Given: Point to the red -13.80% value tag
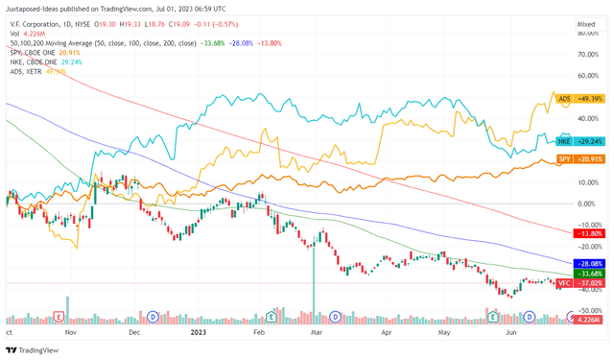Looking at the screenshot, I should (x=587, y=233).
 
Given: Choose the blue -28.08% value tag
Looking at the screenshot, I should (x=587, y=263).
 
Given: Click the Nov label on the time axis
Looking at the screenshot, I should (x=69, y=330).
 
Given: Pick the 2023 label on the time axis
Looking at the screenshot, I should (x=198, y=330).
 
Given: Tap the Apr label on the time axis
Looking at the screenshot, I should (x=387, y=330).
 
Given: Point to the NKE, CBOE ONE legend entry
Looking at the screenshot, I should (x=35, y=62).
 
